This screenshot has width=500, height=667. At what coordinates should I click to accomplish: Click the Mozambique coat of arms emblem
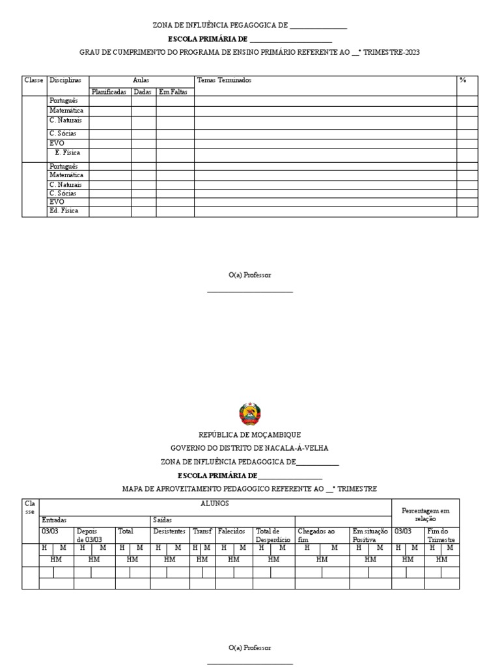click(x=250, y=414)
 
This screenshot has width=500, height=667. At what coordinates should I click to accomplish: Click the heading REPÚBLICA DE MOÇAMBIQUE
click(x=250, y=434)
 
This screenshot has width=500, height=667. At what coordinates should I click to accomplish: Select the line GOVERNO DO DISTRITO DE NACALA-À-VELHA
click(x=250, y=448)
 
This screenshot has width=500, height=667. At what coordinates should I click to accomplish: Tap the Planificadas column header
click(x=109, y=92)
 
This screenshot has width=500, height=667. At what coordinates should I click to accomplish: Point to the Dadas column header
click(x=143, y=92)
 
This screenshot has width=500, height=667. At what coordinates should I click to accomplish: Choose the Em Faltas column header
click(x=173, y=92)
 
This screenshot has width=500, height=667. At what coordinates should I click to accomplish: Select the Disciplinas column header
click(x=65, y=80)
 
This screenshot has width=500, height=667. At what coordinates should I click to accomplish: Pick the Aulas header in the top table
click(x=141, y=80)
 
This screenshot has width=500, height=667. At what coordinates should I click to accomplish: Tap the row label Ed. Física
click(x=63, y=211)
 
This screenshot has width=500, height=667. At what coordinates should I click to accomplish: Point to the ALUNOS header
click(x=215, y=504)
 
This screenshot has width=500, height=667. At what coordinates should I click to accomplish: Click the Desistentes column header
click(x=169, y=532)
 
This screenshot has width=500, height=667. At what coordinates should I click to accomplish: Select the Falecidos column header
click(x=231, y=532)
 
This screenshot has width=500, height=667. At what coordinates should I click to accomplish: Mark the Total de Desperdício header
click(x=273, y=535)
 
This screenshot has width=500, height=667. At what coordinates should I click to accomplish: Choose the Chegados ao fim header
click(x=316, y=535)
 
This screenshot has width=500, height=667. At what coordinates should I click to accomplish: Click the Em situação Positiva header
click(x=370, y=535)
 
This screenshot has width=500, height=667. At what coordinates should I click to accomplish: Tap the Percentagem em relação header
click(x=425, y=515)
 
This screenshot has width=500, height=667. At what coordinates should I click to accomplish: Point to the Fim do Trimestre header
click(x=441, y=535)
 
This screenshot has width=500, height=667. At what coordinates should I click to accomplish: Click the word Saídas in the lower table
click(x=162, y=520)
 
